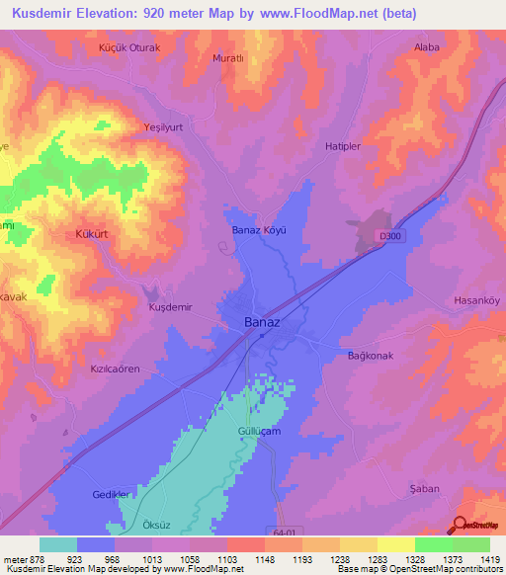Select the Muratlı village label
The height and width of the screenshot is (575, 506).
click(228, 58)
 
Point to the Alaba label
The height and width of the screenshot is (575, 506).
click(427, 46)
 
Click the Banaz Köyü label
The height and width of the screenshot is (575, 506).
click(258, 230)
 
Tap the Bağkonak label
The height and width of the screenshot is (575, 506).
click(373, 355)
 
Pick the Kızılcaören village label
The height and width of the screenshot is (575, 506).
click(116, 368)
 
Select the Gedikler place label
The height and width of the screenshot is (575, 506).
click(110, 493)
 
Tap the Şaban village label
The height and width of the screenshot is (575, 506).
click(423, 489)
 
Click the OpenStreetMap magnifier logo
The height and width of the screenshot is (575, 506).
click(461, 526)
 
